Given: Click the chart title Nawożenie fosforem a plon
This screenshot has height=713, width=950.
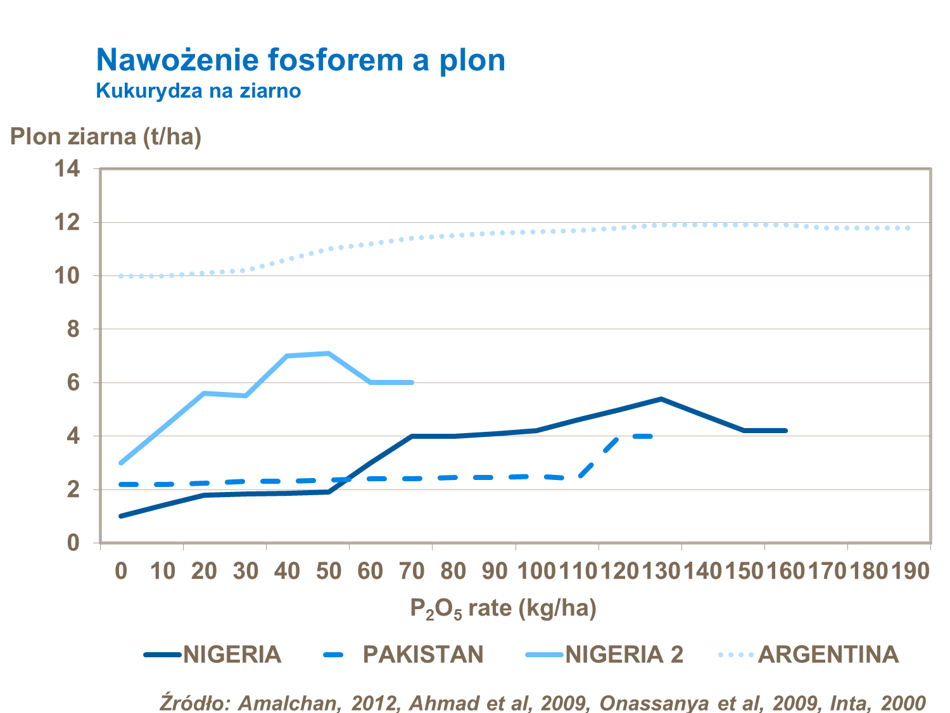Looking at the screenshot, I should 300,60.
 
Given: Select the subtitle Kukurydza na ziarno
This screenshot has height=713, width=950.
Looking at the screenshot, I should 198,91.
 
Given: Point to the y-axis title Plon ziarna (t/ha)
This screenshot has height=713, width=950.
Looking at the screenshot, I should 106,136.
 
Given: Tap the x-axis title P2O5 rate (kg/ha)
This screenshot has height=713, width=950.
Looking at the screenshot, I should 503,609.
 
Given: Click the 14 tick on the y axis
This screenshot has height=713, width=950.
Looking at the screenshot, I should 67,168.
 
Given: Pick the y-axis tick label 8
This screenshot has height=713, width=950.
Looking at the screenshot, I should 73,329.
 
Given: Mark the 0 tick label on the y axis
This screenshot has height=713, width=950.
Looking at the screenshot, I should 73,543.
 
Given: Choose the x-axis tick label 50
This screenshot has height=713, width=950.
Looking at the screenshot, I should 329,571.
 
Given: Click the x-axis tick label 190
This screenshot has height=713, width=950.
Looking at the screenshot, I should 910,571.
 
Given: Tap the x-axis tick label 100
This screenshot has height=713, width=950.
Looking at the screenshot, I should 536,571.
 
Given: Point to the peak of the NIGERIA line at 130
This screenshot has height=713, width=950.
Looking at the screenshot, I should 661,399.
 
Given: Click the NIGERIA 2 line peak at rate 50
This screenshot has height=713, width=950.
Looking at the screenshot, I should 329,353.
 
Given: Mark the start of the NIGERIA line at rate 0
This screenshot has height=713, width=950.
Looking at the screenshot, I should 121,516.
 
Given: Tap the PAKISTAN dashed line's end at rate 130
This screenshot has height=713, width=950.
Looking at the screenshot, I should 651,436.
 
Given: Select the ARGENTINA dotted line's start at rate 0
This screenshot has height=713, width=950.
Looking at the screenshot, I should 121,276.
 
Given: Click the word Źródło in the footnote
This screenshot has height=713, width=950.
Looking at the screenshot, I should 195,703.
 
